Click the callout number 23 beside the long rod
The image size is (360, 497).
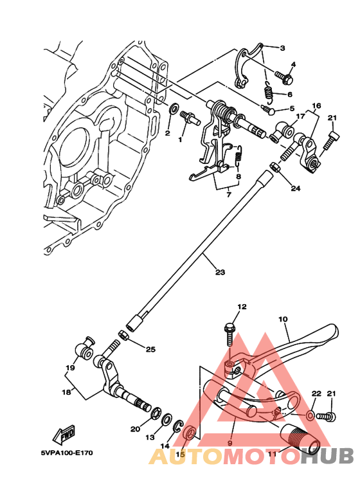[220, 273]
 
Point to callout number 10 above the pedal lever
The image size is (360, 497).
[282, 319]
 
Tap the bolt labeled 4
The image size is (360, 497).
[285, 80]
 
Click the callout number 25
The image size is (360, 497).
[150, 350]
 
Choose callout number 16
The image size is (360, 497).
[316, 105]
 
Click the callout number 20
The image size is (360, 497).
[135, 429]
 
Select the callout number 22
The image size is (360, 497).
[316, 393]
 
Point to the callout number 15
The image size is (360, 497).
[181, 454]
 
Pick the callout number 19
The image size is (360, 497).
[70, 368]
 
